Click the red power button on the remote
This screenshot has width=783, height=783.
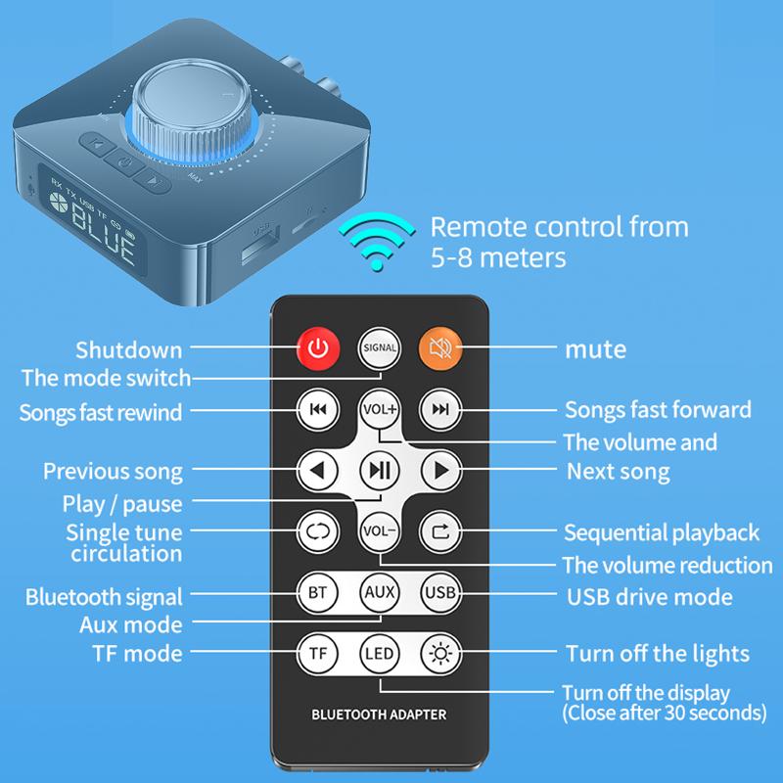pos(318,346)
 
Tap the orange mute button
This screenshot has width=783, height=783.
pos(440,346)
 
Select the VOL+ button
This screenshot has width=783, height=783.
pos(379,409)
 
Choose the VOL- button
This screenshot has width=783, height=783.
pos(379,532)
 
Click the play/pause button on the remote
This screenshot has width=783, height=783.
pos(379,471)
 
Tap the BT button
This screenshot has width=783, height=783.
pos(318,592)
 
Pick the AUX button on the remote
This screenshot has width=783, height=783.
pos(379,592)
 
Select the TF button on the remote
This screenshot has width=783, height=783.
pos(318,653)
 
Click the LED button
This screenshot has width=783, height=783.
pos(379,653)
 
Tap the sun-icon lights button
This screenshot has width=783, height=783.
pos(440,653)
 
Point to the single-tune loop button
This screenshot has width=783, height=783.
pos(318,532)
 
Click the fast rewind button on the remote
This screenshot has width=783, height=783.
pos(318,409)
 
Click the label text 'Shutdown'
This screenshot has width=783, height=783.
pos(129,349)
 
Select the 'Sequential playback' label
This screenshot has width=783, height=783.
pos(662,533)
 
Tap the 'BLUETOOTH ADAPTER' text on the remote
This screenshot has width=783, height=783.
pos(379,714)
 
